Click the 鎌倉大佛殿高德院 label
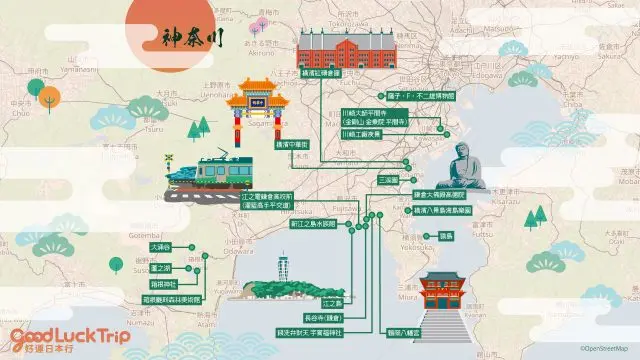(x=437, y=195)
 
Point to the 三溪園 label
(x=387, y=180)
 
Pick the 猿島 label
(x=445, y=235)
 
